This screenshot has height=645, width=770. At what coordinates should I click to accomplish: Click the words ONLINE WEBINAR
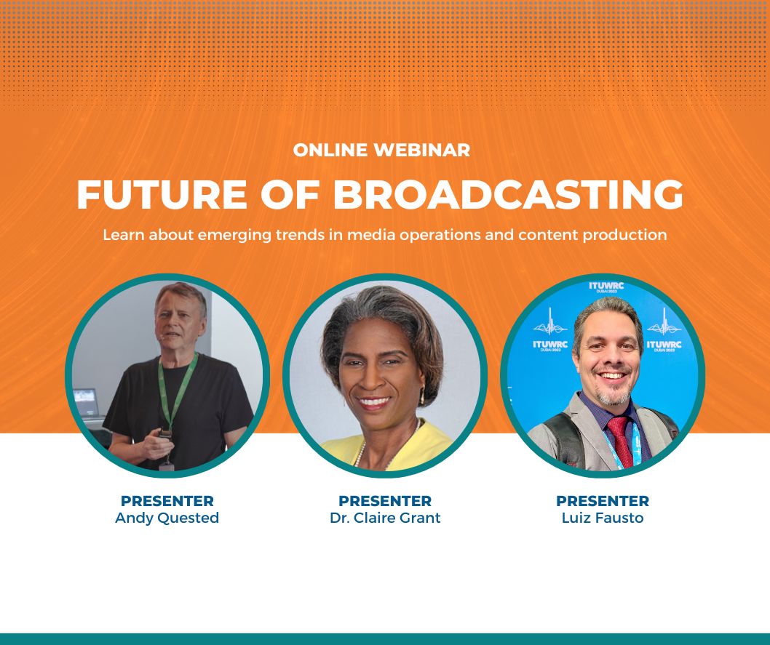381,150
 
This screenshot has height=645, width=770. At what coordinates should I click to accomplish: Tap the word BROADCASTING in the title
508,195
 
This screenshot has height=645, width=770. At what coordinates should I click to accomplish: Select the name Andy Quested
167,518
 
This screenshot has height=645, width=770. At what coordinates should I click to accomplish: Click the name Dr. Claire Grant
385,518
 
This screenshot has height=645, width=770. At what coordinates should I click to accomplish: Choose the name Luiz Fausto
603,518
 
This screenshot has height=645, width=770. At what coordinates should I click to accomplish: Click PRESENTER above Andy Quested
167,501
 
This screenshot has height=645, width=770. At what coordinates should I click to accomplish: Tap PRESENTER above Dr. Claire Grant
385,501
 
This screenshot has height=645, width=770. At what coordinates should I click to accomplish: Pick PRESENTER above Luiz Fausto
603,501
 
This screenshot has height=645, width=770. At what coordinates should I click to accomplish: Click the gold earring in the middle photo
421,396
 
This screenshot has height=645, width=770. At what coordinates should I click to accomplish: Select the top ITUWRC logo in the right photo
606,287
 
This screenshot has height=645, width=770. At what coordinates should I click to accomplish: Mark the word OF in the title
290,195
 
